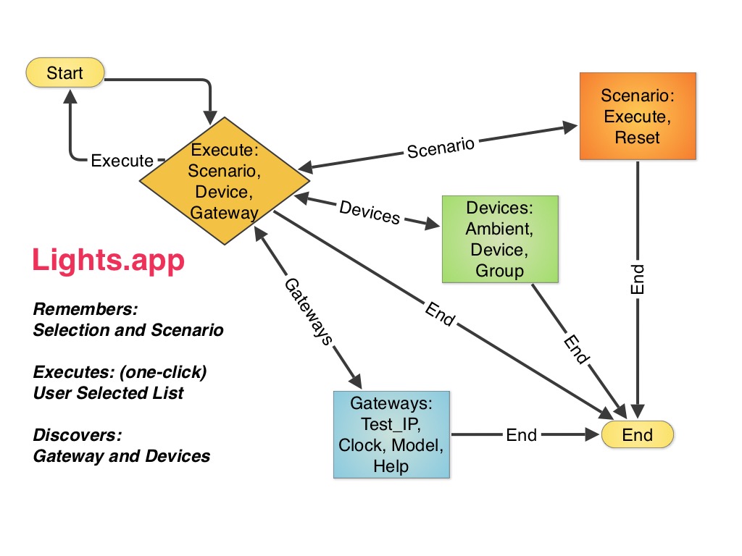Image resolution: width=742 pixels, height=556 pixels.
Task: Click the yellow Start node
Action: coord(65,73)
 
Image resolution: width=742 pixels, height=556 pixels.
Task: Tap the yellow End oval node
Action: coord(638,435)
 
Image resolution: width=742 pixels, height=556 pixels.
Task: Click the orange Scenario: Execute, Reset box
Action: coord(638,116)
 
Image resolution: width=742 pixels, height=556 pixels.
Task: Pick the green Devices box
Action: coord(500,239)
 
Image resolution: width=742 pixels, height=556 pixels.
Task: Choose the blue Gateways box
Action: coord(391,434)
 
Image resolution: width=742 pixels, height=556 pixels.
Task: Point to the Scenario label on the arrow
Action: coord(441,148)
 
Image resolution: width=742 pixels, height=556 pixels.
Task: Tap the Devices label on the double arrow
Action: coord(370,211)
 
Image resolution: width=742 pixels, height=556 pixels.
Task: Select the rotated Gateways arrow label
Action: coord(307,311)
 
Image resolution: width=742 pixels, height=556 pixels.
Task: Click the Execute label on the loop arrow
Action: coord(122,161)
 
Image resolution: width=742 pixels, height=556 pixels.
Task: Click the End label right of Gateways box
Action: coord(521,435)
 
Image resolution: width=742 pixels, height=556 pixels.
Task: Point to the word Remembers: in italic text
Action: coord(86,310)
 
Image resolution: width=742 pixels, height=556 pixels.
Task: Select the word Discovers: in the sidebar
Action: coord(78,436)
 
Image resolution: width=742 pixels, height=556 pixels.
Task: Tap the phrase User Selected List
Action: coord(109,393)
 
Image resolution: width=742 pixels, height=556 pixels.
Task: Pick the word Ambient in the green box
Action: coord(500,229)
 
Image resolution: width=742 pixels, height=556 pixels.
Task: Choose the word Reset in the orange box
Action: coord(638,137)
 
